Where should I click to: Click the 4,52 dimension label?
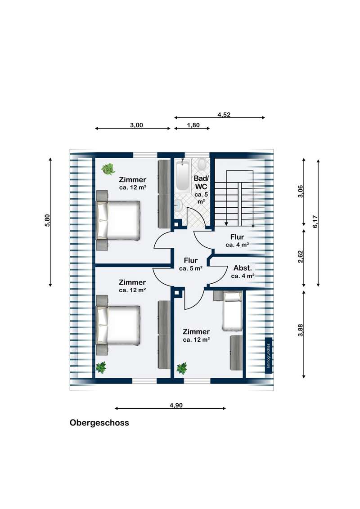224,115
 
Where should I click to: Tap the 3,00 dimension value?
136,125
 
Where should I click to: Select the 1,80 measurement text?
193,125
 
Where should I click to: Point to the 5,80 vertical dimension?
47,220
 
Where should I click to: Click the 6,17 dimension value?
315,222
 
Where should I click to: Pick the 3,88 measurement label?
301,330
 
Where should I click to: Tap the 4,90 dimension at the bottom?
176,405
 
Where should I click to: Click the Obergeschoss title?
99,423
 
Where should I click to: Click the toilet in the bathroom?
202,164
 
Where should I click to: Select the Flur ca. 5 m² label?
191,264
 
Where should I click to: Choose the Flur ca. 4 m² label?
237,241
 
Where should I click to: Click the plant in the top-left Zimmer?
108,169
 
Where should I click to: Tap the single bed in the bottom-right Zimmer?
232,311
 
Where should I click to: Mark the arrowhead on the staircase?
226,223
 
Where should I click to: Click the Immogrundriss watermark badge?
268,356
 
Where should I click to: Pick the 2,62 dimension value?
301,257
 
